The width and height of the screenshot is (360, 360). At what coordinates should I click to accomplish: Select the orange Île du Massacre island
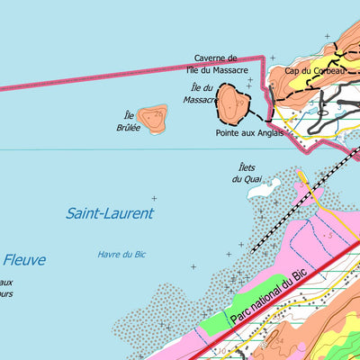[232, 105]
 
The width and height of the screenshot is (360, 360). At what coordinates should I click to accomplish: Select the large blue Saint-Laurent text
[110, 213]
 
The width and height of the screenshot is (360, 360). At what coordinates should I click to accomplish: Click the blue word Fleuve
[23, 261]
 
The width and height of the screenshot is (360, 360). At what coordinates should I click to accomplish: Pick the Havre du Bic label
[121, 255]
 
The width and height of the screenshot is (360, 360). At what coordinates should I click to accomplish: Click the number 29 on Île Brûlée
[158, 115]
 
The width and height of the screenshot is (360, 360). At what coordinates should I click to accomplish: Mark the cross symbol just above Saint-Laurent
[154, 198]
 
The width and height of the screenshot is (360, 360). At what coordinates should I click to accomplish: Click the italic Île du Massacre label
[202, 94]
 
